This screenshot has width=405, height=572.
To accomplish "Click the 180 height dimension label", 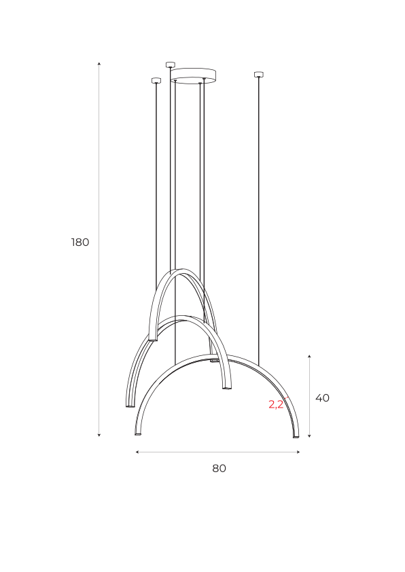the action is click(x=80, y=243).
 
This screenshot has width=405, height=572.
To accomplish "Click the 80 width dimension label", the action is click(x=219, y=468).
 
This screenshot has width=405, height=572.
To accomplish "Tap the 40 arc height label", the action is click(x=322, y=398).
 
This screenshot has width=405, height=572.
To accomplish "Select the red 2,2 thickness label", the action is click(x=276, y=404).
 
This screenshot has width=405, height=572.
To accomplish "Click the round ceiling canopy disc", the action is click(x=194, y=75).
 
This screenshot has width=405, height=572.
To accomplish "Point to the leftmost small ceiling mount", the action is click(x=156, y=80).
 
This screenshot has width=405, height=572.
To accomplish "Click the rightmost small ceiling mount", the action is click(x=259, y=75).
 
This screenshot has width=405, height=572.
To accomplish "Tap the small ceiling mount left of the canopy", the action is click(x=171, y=65).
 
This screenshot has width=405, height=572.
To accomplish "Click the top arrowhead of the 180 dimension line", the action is click(x=99, y=64).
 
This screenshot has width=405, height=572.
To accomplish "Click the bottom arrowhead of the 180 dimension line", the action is click(x=99, y=435).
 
